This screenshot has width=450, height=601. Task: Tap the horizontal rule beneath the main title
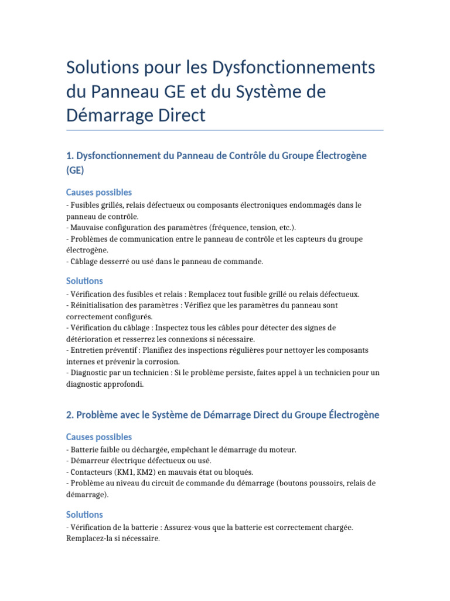pos(225,130)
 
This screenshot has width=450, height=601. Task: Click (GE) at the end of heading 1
pos(75,170)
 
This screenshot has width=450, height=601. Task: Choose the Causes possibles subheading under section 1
pos(99,193)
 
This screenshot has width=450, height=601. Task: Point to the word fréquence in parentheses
pos(229,227)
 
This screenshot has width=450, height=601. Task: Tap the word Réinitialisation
pos(97,305)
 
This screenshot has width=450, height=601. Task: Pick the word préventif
pos(115,350)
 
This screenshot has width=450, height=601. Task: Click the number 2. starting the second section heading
pos(70,415)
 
